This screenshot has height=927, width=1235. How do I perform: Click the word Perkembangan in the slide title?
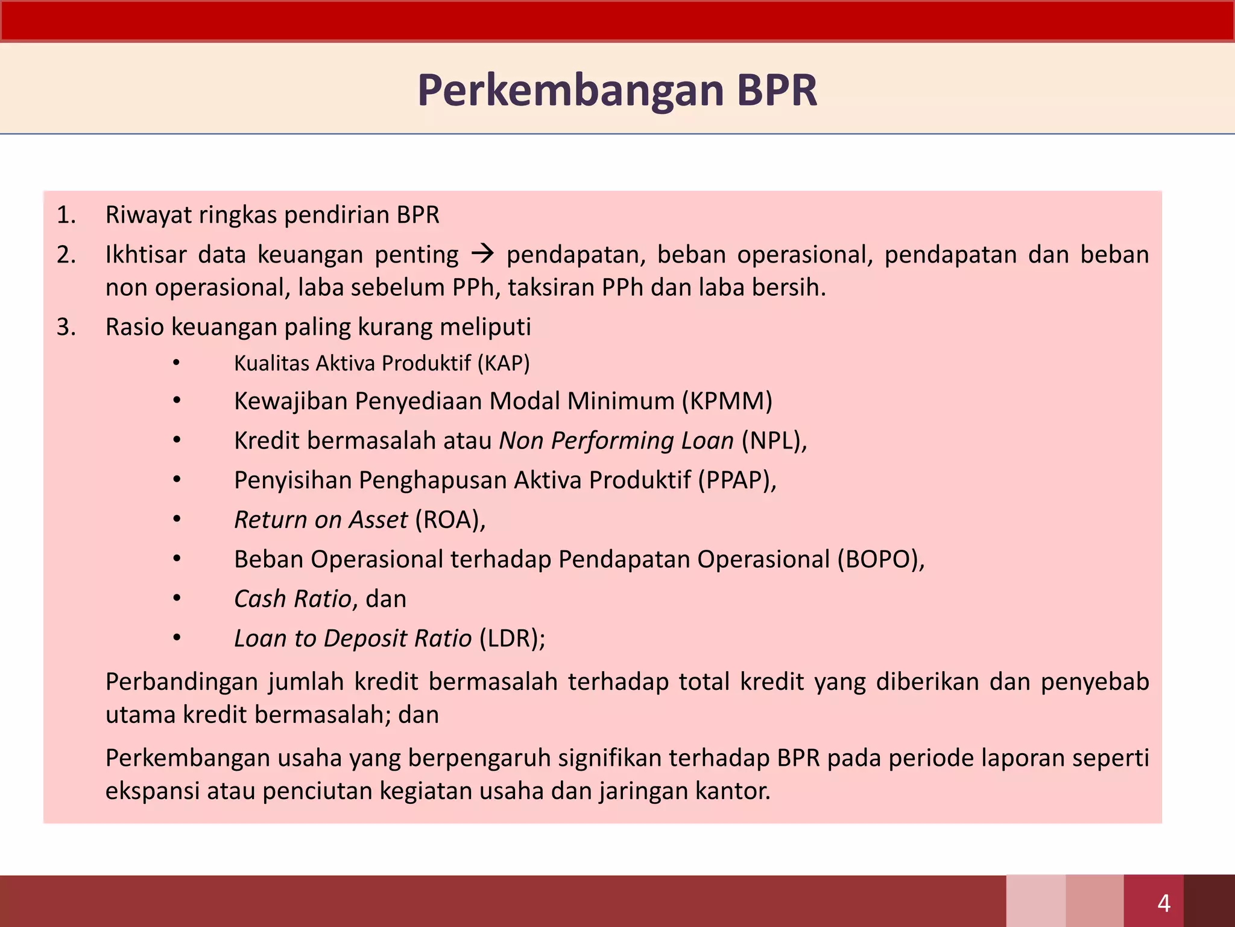point(570,91)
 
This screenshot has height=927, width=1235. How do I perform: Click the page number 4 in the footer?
point(1164,903)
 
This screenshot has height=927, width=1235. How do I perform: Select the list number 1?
point(66,215)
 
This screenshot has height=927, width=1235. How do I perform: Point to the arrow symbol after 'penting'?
point(482,255)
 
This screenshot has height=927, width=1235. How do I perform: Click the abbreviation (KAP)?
point(503,363)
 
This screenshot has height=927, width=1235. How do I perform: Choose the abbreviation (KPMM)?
point(727,401)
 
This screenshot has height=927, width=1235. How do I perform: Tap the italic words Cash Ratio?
point(292,599)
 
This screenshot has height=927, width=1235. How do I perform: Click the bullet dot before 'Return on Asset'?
point(177,520)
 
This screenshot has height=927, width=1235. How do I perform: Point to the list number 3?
point(66,327)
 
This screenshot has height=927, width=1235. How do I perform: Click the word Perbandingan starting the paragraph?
point(182,682)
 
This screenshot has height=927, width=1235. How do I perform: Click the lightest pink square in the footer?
point(1035,901)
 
